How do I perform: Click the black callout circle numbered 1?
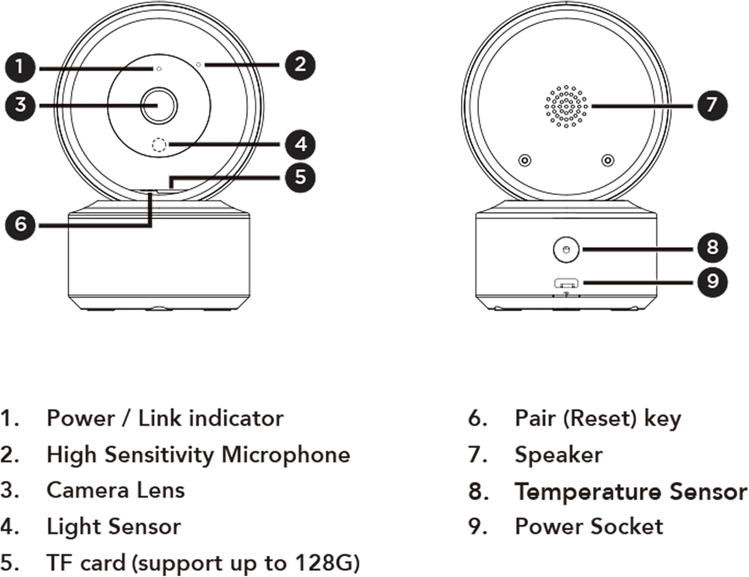[20, 67]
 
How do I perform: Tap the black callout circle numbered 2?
[300, 65]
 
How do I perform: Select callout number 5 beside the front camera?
[300, 177]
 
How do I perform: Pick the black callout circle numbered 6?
[20, 224]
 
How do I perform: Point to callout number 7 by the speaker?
[712, 105]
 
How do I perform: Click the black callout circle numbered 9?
[712, 282]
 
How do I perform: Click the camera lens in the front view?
[159, 105]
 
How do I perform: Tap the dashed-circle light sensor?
[159, 145]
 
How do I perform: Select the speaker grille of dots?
[566, 106]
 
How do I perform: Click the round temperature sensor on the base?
[566, 249]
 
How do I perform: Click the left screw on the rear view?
[524, 160]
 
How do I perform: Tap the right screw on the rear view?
[607, 160]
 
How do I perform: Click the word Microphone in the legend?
[286, 455]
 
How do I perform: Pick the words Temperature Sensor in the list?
[631, 492]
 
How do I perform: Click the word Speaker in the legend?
[558, 455]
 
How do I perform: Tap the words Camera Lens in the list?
[115, 491]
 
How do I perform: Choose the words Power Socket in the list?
[589, 527]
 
